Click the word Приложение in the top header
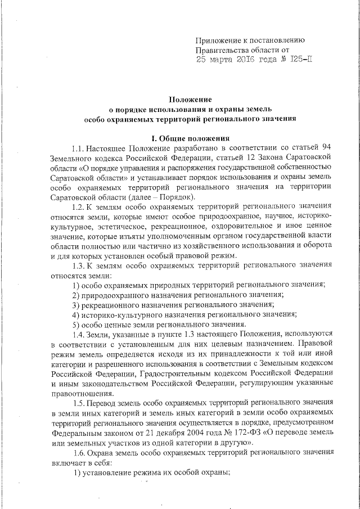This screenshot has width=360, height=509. [218, 40]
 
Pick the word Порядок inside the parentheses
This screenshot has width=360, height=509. [175, 196]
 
